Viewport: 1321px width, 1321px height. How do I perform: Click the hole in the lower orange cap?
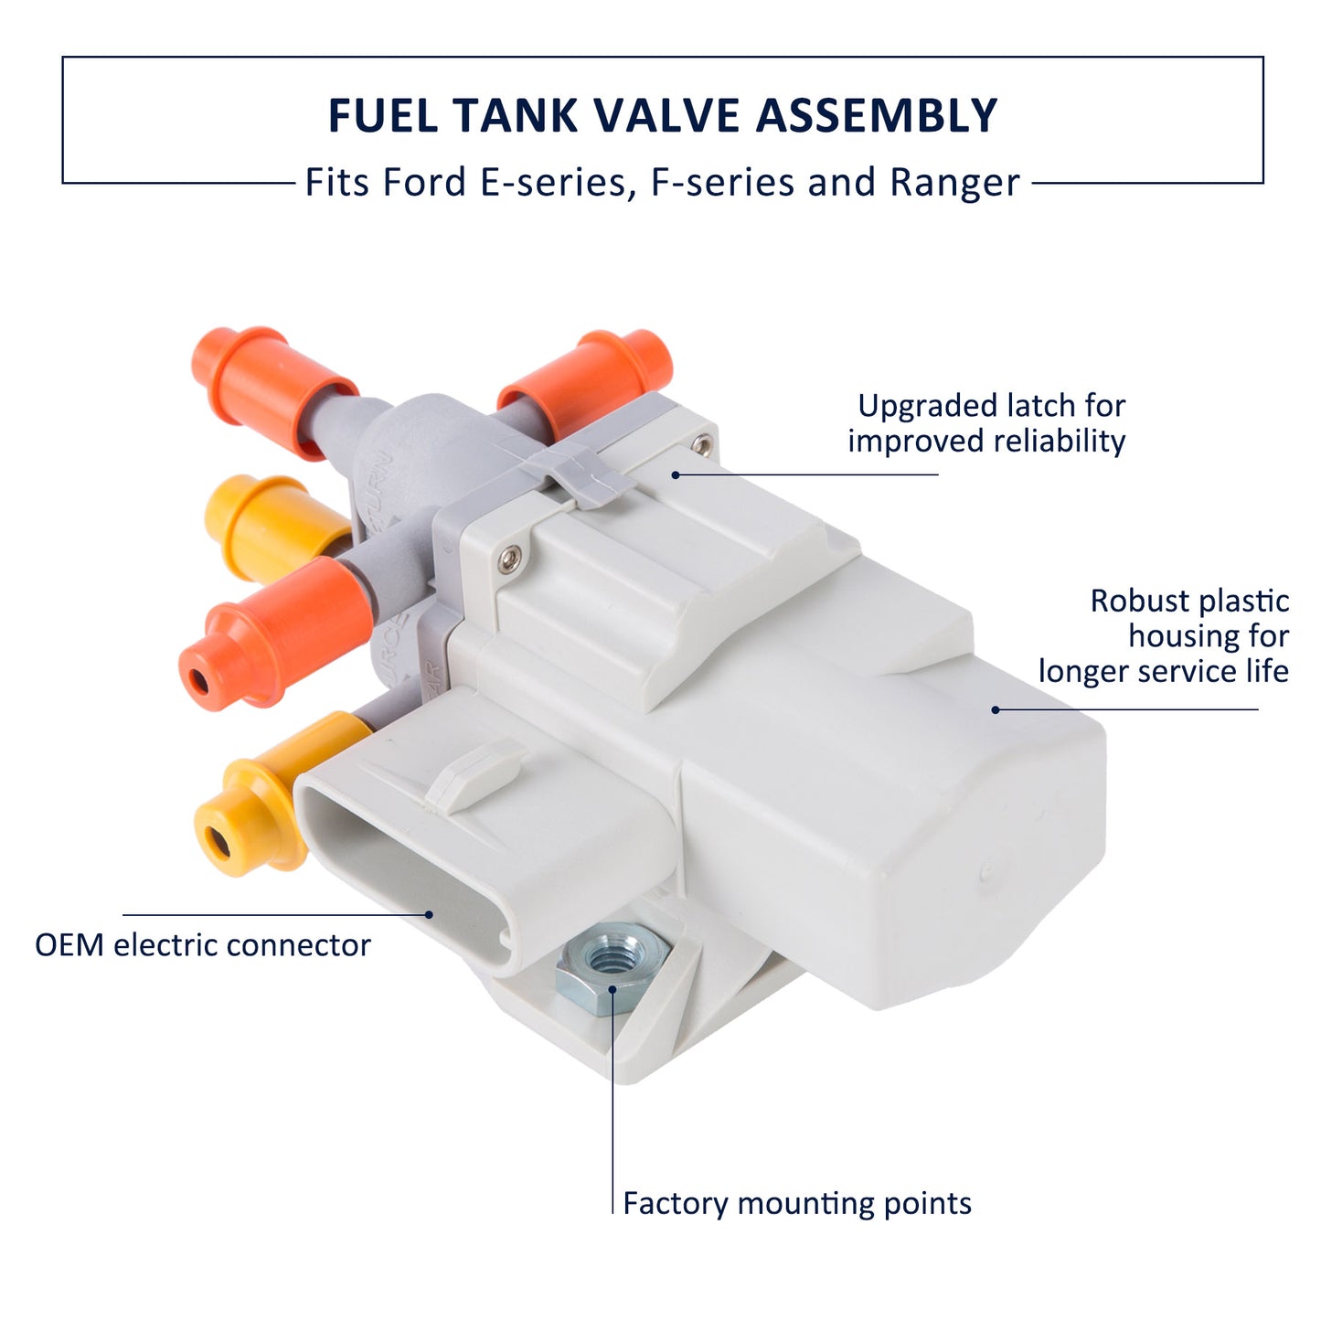(x=198, y=680)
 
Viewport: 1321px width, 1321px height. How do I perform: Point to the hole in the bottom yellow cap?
(x=218, y=842)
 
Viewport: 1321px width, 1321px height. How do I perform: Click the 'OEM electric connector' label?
(x=203, y=945)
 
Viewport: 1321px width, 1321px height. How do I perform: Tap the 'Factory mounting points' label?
(x=796, y=1203)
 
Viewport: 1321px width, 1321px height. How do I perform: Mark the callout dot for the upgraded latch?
(x=676, y=474)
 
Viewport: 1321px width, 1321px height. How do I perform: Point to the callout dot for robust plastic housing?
(x=995, y=708)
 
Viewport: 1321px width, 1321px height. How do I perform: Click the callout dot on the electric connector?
(x=428, y=913)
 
